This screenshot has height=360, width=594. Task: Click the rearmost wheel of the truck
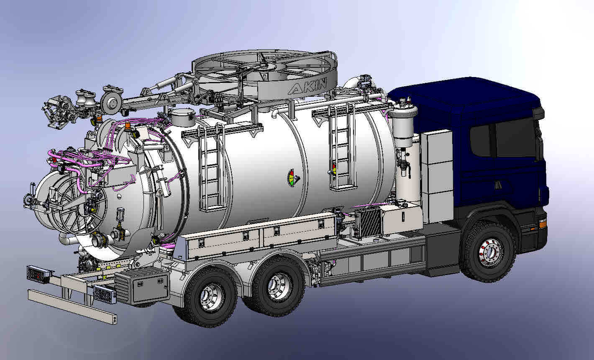point(211,297)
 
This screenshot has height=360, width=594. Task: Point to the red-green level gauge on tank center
point(292,178)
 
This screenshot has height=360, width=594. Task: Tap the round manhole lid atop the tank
point(182,117)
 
